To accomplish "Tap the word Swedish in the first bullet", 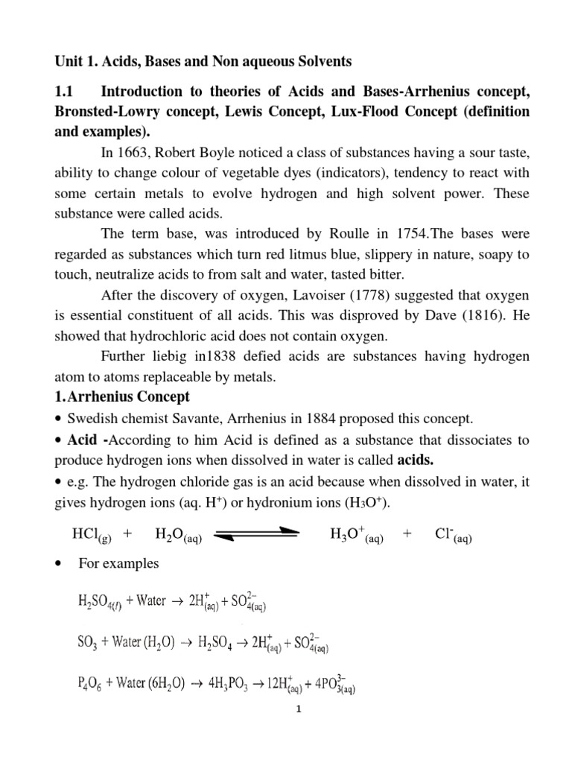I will pos(92,418).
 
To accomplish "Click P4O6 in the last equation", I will pos(90,684).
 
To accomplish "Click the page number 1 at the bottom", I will pos(297,731).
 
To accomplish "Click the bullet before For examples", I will pos(59,564).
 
